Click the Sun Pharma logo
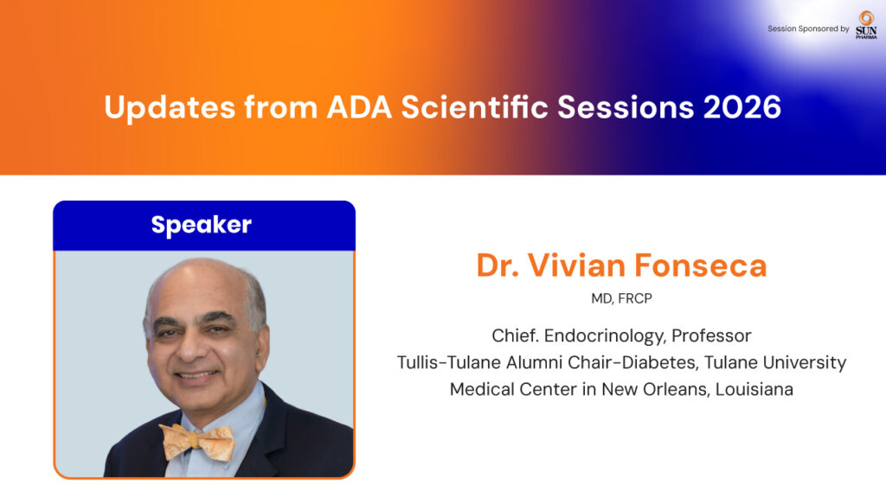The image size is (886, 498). (x=866, y=25)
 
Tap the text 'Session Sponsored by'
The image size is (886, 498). (x=808, y=29)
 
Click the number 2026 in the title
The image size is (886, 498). (x=742, y=106)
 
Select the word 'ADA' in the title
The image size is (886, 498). (x=359, y=106)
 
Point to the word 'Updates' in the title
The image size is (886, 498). (x=170, y=107)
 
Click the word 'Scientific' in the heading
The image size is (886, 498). (x=475, y=106)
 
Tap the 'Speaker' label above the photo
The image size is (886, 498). (x=201, y=226)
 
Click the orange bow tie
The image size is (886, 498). (x=197, y=442)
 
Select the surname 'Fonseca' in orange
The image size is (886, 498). (x=700, y=265)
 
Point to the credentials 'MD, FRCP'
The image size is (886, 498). (x=621, y=298)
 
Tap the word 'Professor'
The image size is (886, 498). (x=711, y=335)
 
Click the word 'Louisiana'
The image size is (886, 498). (x=754, y=389)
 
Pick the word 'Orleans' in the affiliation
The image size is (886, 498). (x=676, y=389)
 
